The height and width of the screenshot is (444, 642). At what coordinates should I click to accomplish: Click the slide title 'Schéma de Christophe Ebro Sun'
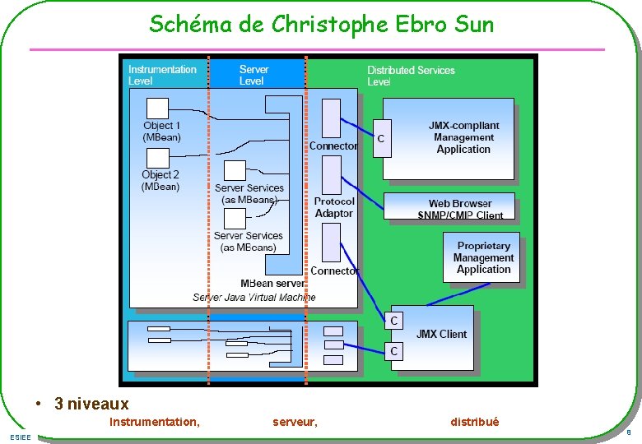click(321, 25)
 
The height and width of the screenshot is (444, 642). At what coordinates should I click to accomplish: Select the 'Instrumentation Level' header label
click(162, 75)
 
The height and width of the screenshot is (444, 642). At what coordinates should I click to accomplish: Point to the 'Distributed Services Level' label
click(411, 76)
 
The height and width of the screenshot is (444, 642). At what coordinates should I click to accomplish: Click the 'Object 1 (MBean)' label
click(161, 131)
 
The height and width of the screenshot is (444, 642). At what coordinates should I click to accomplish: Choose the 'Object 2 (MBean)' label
click(160, 180)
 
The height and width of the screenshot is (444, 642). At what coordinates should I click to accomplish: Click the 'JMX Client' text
click(441, 334)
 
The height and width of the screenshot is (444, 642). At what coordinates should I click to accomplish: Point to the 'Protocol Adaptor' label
click(334, 207)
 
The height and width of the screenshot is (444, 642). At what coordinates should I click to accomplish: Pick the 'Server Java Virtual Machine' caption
click(254, 297)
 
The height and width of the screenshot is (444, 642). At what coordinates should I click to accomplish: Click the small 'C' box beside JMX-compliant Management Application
click(381, 139)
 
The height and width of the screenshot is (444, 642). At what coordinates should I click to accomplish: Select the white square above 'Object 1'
click(157, 108)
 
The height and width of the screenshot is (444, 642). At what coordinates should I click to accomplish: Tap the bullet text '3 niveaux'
click(91, 404)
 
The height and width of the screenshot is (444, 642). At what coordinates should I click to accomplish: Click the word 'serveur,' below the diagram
click(295, 422)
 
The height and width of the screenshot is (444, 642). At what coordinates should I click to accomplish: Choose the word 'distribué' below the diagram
click(474, 422)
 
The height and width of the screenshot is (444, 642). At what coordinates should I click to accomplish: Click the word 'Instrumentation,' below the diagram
click(154, 422)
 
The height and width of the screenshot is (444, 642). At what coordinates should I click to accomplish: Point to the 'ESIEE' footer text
click(21, 437)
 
